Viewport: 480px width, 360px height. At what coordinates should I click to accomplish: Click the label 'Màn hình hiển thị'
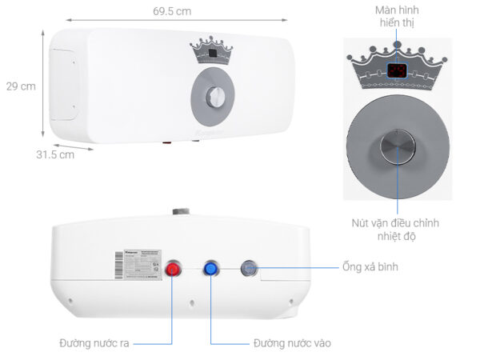[x=397, y=17]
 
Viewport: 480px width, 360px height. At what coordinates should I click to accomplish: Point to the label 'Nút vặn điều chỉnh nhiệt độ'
[x=394, y=230]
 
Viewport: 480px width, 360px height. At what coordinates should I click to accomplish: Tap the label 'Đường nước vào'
[x=292, y=343]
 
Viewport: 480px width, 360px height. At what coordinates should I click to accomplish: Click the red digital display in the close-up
[x=398, y=70]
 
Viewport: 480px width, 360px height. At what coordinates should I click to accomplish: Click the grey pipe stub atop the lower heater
[x=178, y=214]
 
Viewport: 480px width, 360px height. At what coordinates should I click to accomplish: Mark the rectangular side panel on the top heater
[x=63, y=84]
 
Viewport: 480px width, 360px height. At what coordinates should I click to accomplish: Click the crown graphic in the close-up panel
[x=398, y=69]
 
